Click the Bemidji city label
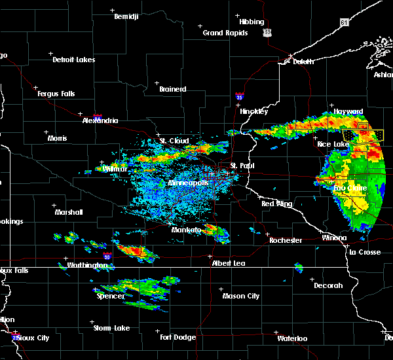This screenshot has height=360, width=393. tap(126, 16)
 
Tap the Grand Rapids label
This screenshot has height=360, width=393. tap(225, 33)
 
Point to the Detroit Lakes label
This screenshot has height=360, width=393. tap(73, 60)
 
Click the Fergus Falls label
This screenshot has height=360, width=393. tap(56, 94)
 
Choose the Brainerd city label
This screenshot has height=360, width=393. tap(172, 89)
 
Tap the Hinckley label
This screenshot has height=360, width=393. tap(253, 111)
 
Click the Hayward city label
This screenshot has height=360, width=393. tap(348, 112)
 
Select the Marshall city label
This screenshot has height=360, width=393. tap(68, 212)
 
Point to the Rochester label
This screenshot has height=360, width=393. tap(286, 240)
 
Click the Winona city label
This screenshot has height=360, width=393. tap(334, 238)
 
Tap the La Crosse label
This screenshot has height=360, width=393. tap(365, 252)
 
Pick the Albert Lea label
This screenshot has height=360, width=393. tap(227, 263)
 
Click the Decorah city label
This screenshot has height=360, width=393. tap(328, 285)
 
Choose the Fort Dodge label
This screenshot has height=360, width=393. tap(178, 337)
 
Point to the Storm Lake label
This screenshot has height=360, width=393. tap(111, 328)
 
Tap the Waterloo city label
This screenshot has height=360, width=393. tap(291, 338)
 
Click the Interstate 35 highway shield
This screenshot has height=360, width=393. tap(240, 96)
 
